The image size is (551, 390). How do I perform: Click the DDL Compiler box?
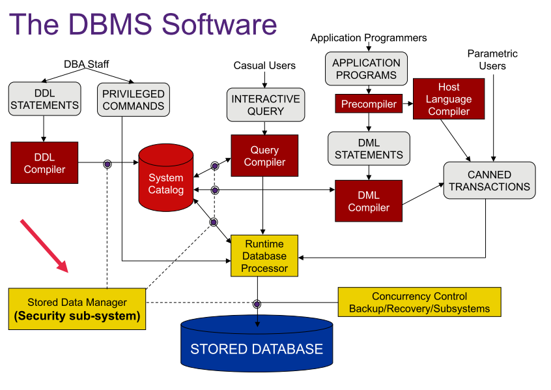click(44, 163)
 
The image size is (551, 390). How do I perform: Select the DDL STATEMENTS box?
click(45, 99)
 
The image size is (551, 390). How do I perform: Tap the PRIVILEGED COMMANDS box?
click(134, 100)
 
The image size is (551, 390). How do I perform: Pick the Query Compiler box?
click(264, 156)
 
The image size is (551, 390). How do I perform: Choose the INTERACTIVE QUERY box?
click(266, 105)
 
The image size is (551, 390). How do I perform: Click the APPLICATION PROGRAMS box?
click(366, 69)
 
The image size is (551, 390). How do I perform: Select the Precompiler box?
click(369, 104)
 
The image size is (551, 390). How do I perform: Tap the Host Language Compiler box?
click(449, 99)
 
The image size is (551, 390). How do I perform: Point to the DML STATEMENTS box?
click(369, 149)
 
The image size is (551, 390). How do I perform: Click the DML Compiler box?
click(369, 202)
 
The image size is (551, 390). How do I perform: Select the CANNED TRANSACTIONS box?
click(489, 181)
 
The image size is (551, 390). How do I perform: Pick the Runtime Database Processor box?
click(264, 256)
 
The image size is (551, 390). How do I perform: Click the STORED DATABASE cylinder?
click(257, 349)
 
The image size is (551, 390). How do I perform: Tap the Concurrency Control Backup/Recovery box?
click(419, 303)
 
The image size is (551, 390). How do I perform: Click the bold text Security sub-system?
click(77, 317)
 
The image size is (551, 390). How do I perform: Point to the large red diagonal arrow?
click(44, 245)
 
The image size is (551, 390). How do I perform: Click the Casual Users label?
click(264, 65)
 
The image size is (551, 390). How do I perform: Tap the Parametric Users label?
click(492, 59)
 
